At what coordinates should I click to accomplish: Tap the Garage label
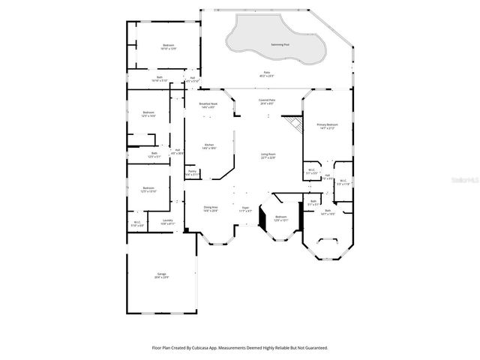click(x=162, y=275)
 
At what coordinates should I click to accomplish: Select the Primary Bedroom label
click(x=326, y=125)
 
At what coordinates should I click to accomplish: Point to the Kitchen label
click(x=210, y=146)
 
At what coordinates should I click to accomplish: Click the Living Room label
click(x=268, y=155)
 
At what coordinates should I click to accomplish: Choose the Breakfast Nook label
click(x=208, y=105)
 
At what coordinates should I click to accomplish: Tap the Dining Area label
click(x=211, y=208)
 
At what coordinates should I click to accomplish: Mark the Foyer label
click(x=245, y=208)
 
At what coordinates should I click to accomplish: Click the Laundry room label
click(x=167, y=221)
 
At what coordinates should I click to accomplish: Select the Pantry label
click(x=192, y=172)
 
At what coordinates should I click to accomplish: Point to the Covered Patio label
click(x=267, y=100)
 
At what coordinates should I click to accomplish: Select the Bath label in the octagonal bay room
click(x=328, y=212)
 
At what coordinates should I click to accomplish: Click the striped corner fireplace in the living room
click(x=297, y=124)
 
